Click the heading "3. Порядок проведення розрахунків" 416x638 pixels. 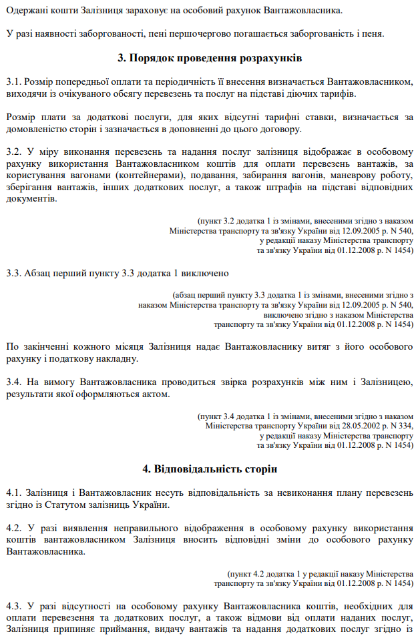pyautogui.click(x=208, y=59)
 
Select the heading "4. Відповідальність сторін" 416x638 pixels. pyautogui.click(x=208, y=468)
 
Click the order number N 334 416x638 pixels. pyautogui.click(x=401, y=424)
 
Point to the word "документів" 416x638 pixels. pyautogui.click(x=30, y=199)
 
